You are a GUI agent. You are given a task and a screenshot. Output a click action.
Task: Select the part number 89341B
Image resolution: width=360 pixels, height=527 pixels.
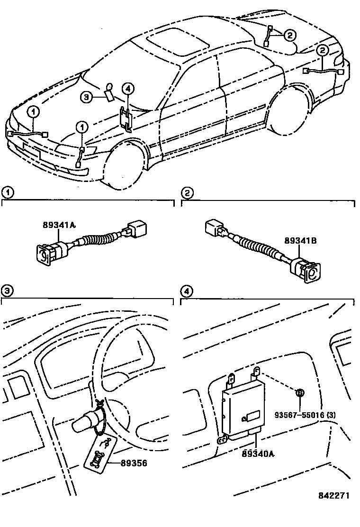point(301,241)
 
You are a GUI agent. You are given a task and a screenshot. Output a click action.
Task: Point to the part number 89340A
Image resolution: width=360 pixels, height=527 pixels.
point(259,454)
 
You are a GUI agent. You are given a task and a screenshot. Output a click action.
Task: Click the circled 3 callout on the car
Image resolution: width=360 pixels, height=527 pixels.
point(86,97)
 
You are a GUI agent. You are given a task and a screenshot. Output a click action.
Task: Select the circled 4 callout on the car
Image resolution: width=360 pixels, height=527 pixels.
point(128,88)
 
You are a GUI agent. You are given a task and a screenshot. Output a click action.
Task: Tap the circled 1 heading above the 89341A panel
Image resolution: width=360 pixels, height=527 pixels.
point(7,192)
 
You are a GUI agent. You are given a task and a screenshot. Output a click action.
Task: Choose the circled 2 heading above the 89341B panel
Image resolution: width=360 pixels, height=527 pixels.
point(188,192)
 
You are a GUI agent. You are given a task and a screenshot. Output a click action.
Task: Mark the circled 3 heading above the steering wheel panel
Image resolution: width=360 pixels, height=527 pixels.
point(7,291)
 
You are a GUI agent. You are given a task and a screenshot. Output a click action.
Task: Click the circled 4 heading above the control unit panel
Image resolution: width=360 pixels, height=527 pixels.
point(188,291)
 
